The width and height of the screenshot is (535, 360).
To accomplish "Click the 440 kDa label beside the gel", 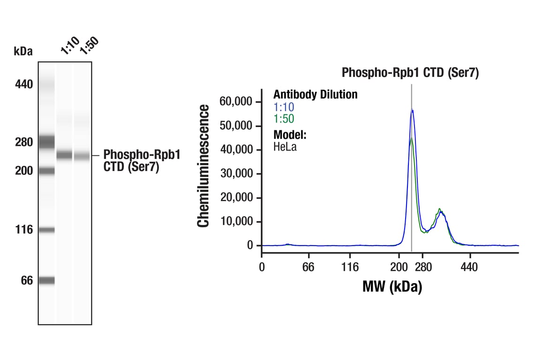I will [23, 85].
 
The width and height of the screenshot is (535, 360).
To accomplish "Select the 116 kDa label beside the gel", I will [23, 230].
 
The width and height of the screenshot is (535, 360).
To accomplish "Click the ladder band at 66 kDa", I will [47, 280].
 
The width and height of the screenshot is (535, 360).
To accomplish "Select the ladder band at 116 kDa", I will [47, 230].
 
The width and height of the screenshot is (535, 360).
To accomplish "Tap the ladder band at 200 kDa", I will [47, 171].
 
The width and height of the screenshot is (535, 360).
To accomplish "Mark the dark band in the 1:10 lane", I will [65, 155].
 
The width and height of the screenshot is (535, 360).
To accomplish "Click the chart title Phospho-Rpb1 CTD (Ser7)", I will [410, 73].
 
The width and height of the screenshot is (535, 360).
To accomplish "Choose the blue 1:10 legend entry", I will [284, 107].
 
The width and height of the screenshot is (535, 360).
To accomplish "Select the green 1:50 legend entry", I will [284, 119].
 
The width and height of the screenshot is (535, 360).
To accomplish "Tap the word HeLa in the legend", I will [285, 147].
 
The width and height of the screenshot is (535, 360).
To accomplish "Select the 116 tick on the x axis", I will [350, 267].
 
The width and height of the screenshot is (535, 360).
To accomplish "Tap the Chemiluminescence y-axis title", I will [203, 166].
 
